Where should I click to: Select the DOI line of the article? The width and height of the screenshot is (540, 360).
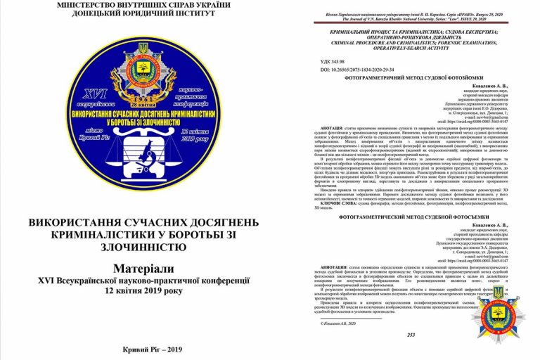354,72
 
